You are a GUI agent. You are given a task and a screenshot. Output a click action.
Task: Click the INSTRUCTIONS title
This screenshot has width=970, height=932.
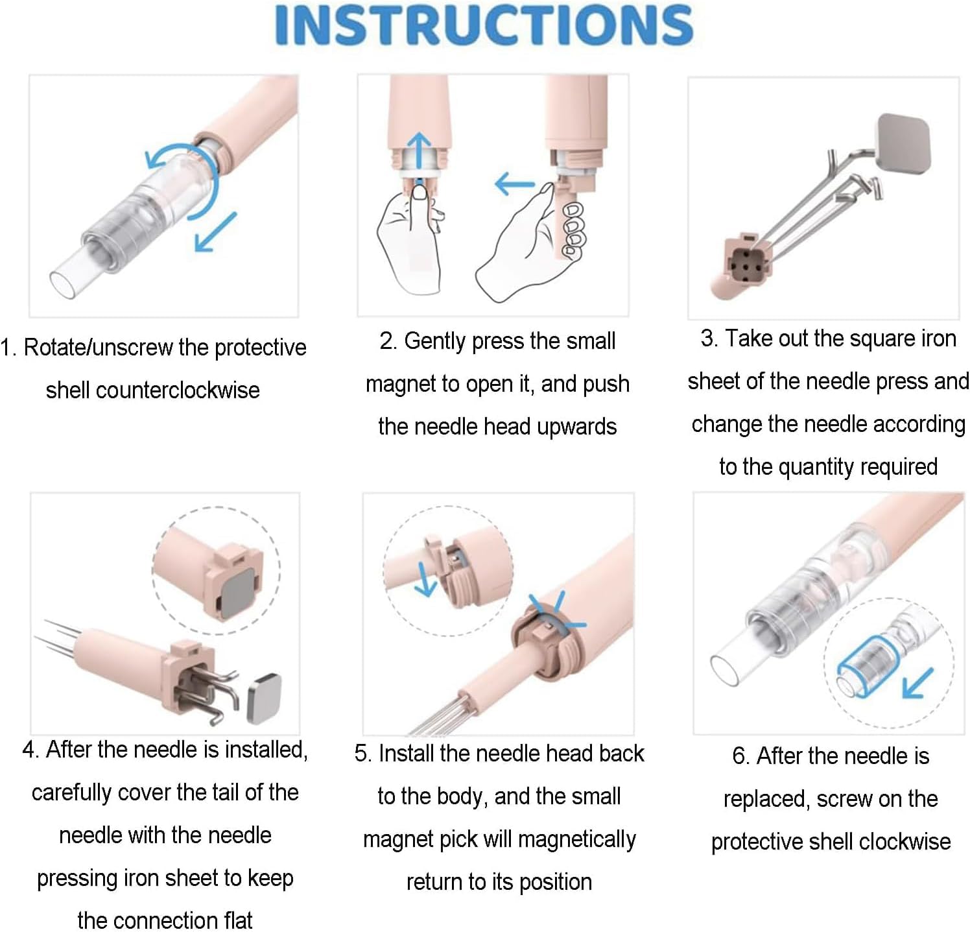pyautogui.click(x=484, y=25)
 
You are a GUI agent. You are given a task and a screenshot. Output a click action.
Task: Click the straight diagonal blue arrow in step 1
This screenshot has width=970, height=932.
pyautogui.click(x=215, y=232)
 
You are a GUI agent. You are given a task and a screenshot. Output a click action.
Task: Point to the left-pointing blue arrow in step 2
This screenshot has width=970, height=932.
pyautogui.click(x=514, y=184)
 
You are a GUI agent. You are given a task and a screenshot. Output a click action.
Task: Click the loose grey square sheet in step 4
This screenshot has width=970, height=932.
pyautogui.click(x=265, y=698)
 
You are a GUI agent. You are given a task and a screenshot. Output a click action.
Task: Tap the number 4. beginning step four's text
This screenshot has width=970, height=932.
pyautogui.click(x=31, y=750)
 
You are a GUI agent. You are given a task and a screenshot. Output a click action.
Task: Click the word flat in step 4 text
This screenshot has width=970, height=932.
pyautogui.click(x=234, y=920)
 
